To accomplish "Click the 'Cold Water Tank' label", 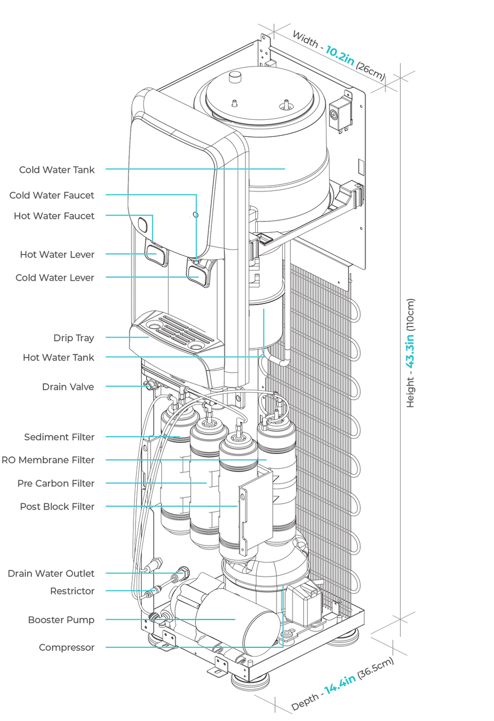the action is (57, 170).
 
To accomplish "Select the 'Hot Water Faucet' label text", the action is (54, 216).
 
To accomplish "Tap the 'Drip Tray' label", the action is (74, 338).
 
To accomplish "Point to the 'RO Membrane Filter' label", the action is (48, 460).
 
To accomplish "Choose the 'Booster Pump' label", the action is (61, 620).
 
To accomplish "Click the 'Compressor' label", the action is (67, 647).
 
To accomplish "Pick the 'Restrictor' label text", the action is (72, 591).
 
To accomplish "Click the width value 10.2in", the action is (340, 55).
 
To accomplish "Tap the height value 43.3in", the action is (410, 351).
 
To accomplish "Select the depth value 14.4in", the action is (340, 684).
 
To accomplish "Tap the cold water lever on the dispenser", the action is (199, 275).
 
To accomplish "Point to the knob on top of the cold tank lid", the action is (236, 77).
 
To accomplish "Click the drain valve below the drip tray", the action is (150, 384).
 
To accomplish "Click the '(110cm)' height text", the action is (410, 314).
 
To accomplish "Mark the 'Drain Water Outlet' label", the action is (51, 573).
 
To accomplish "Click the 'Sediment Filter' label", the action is (59, 437).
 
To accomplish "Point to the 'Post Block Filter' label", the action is (57, 507).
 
